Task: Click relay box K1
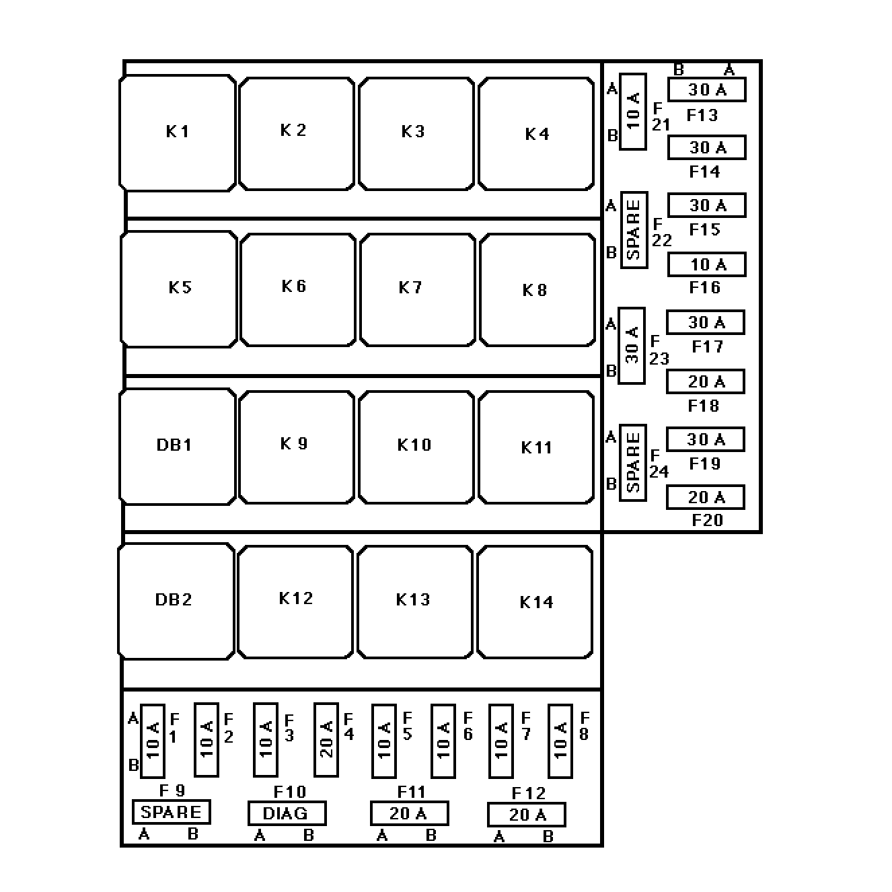[x=178, y=133]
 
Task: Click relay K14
[x=535, y=602]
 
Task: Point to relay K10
[x=416, y=447]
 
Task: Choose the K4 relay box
[x=536, y=134]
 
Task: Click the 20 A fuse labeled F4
[x=326, y=740]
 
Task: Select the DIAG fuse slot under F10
[x=287, y=813]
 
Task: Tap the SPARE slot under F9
[x=172, y=812]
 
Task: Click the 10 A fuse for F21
[x=633, y=112]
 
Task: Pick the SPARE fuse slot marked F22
[x=634, y=229]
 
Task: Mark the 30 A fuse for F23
[x=632, y=345]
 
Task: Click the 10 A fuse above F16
[x=707, y=264]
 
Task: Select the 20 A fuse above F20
[x=706, y=497]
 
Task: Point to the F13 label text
[x=702, y=116]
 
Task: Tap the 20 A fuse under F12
[x=527, y=815]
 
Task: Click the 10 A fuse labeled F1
[x=153, y=740]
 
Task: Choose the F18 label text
[x=704, y=406]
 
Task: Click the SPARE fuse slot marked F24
[x=632, y=463]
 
